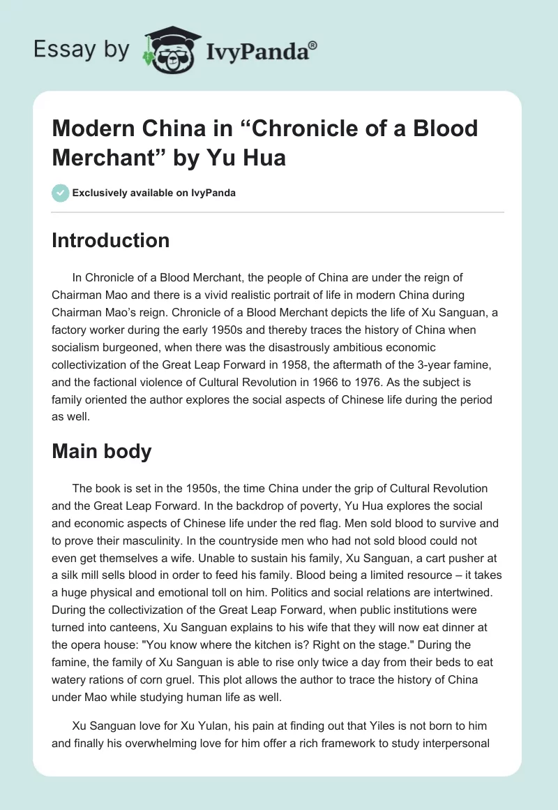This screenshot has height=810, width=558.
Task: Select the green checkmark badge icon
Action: click(60, 193)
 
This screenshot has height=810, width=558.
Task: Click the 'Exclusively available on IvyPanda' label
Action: click(154, 193)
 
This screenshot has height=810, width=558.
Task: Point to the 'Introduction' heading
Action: click(110, 240)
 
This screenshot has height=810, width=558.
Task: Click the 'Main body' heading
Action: click(101, 451)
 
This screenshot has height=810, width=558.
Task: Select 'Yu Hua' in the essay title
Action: click(248, 157)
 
